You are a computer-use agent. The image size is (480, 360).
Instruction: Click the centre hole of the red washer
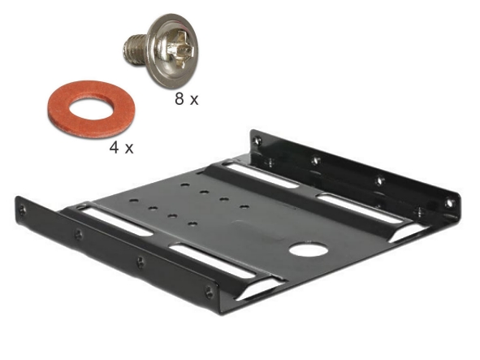pyautogui.click(x=92, y=108)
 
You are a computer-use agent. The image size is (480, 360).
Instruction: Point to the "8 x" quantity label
pyautogui.click(x=187, y=99)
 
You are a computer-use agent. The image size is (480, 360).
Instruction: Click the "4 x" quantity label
pyautogui.click(x=121, y=148)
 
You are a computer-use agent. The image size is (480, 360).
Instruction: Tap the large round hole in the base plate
pyautogui.click(x=309, y=249)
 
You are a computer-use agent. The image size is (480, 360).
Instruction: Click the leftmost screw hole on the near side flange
pyautogui.click(x=22, y=210)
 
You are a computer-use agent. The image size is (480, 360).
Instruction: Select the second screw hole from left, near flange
pyautogui.click(x=79, y=234)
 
